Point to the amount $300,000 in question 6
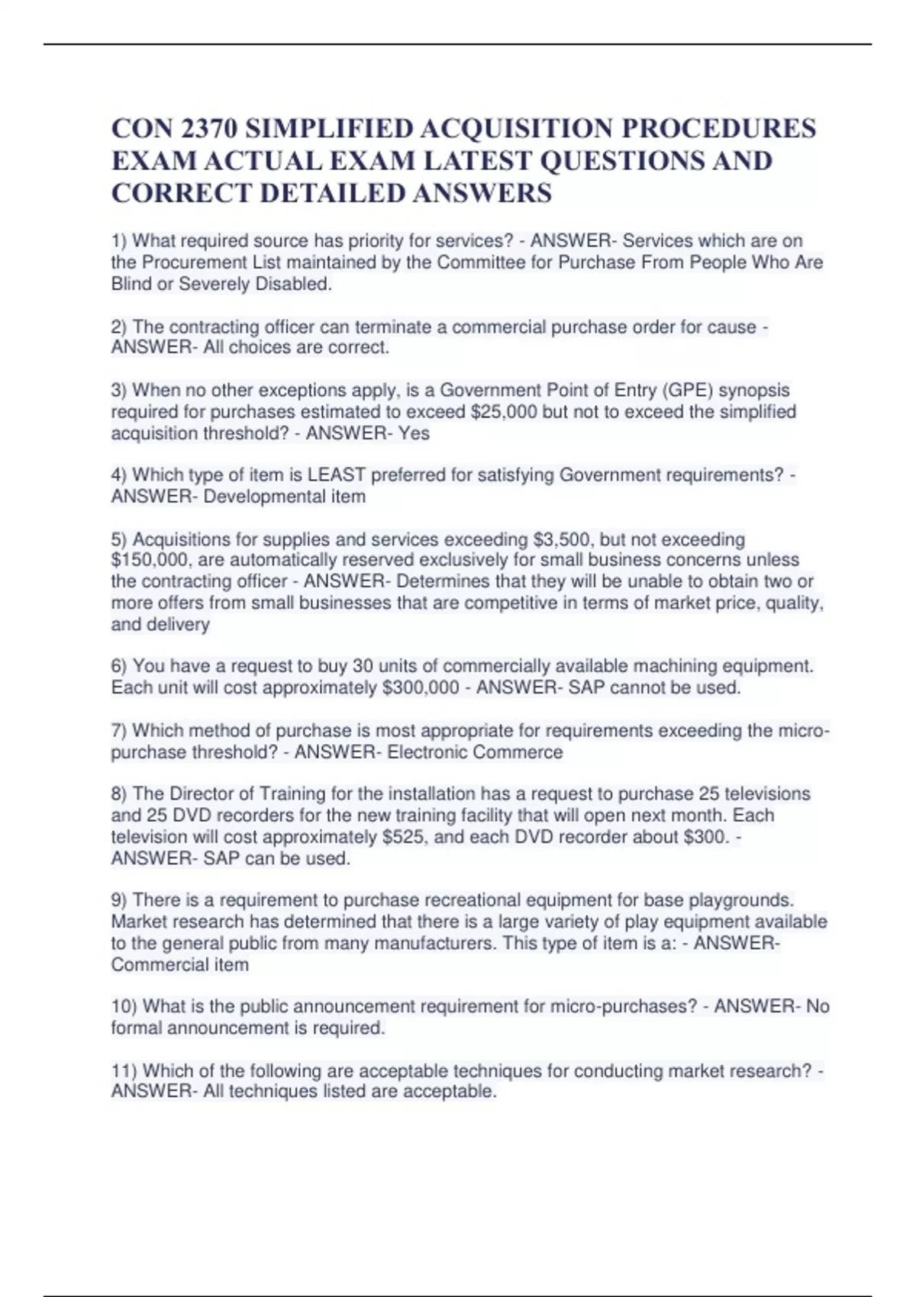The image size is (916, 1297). [420, 687]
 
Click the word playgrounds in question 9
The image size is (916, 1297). [740, 900]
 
